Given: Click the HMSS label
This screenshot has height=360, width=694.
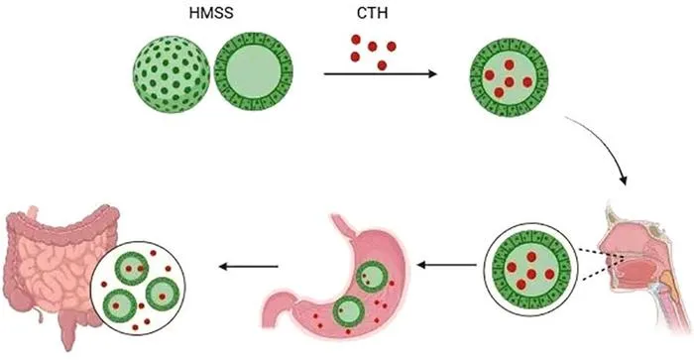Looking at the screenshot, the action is click(x=211, y=13).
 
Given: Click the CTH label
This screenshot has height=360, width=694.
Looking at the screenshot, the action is click(x=372, y=13).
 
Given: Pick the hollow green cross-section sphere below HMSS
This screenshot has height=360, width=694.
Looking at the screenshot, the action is click(x=254, y=71).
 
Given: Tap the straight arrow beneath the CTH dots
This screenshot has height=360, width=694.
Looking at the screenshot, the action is click(x=380, y=74).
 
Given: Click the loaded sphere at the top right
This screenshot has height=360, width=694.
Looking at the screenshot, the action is click(x=509, y=77).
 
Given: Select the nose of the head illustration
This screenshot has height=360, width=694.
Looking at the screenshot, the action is click(x=607, y=240).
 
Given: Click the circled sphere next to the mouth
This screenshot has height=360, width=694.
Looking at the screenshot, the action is click(x=531, y=269).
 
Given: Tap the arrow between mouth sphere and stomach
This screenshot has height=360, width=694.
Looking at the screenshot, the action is click(x=447, y=265).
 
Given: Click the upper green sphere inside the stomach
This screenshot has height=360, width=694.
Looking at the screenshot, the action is click(x=371, y=277).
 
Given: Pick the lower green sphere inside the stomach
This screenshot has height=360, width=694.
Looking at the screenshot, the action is click(x=348, y=311).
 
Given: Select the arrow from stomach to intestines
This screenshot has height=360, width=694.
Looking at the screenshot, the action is click(x=248, y=266).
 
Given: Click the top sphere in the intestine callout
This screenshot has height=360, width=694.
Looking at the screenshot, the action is click(x=132, y=268).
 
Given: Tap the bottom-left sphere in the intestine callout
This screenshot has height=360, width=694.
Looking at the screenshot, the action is click(x=120, y=305).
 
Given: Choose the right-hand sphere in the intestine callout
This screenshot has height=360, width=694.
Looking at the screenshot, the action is click(x=163, y=294).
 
